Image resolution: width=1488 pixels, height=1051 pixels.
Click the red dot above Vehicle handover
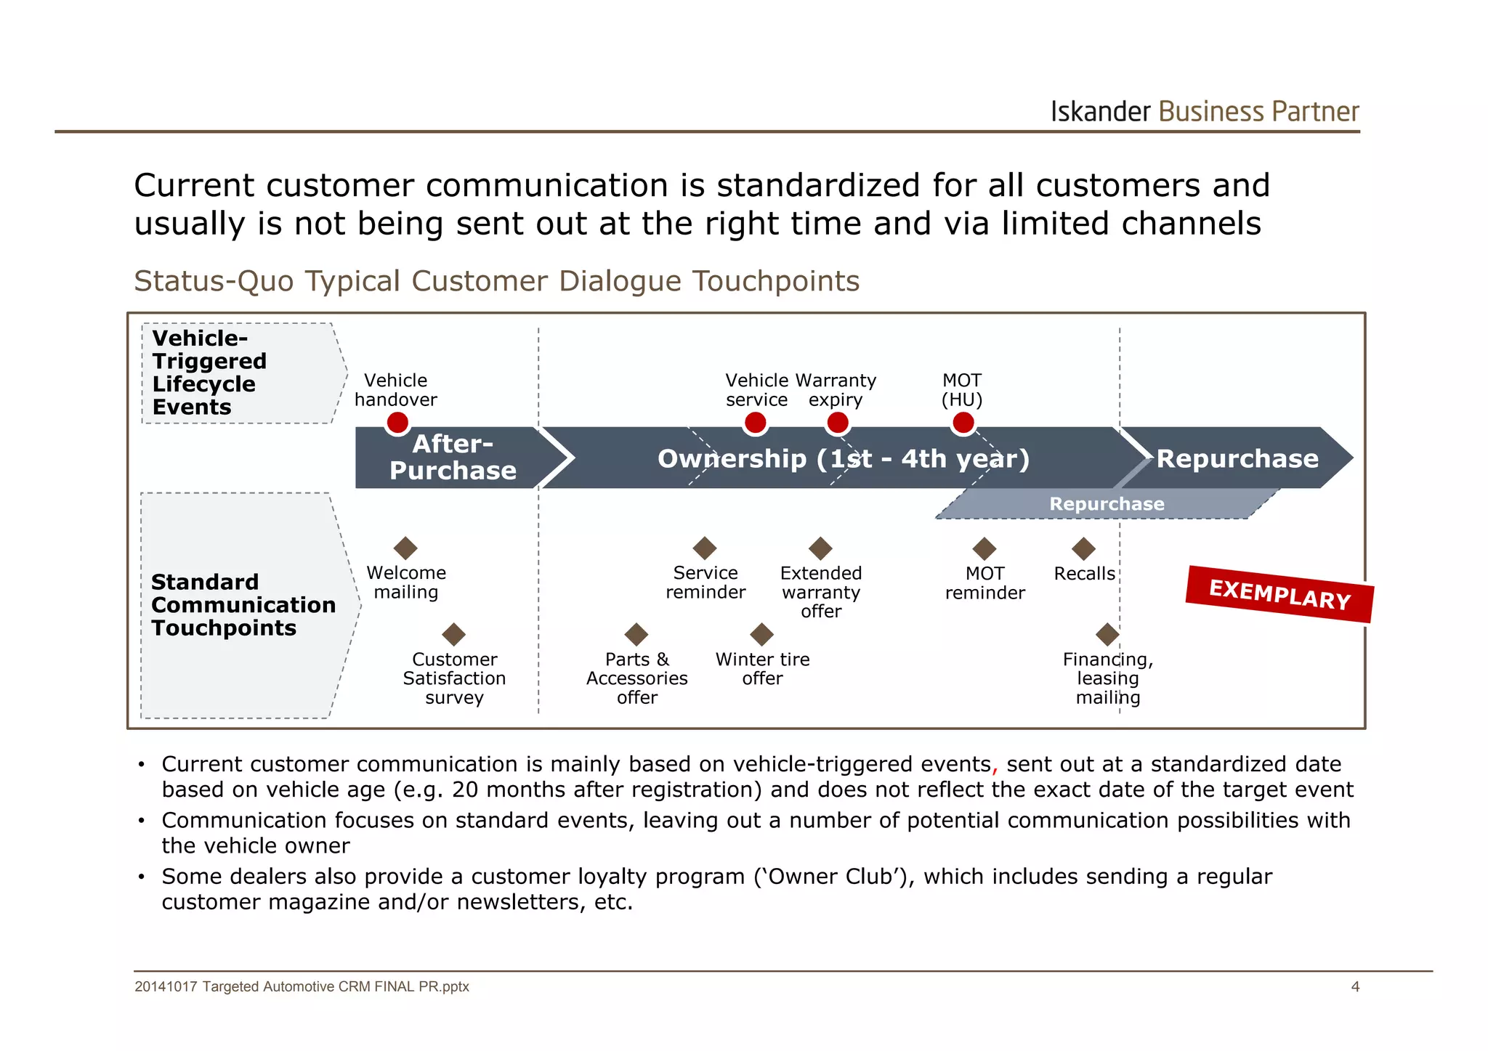tap(397, 423)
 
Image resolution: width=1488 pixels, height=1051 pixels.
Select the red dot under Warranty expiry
tap(838, 423)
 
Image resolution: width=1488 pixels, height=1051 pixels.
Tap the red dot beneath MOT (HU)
tap(963, 423)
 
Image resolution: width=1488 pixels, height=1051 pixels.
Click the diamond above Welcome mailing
tap(405, 548)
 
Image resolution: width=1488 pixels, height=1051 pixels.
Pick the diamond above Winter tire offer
tap(761, 634)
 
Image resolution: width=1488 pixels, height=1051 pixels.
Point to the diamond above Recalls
tap(1083, 548)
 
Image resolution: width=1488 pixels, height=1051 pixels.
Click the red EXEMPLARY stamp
tap(1279, 594)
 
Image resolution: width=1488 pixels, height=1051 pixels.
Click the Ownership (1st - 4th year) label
tap(843, 459)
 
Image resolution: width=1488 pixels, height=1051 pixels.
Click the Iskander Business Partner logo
tap(1204, 112)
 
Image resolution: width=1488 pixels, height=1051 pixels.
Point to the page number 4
tap(1355, 986)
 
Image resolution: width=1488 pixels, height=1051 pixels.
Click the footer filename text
tap(302, 986)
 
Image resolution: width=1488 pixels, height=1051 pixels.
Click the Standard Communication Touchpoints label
tap(243, 605)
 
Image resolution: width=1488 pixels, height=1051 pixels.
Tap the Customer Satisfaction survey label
tap(454, 678)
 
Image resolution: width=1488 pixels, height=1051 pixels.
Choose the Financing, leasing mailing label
tap(1107, 678)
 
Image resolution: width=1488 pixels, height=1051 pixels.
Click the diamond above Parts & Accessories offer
tap(636, 634)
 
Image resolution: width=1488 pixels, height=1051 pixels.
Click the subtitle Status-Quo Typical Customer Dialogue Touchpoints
tap(496, 281)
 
